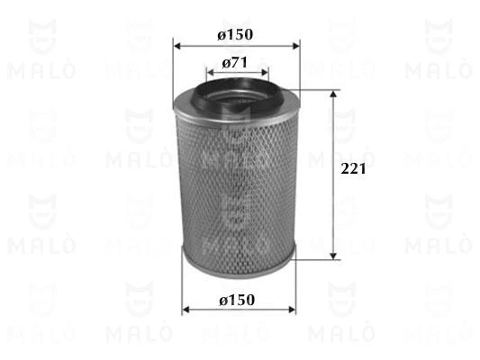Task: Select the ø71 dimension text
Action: click(x=235, y=64)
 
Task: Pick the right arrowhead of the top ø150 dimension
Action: click(x=297, y=44)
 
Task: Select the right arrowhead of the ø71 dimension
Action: click(x=264, y=72)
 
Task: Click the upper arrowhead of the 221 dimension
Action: click(x=335, y=94)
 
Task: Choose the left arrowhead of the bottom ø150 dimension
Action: click(x=186, y=309)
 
